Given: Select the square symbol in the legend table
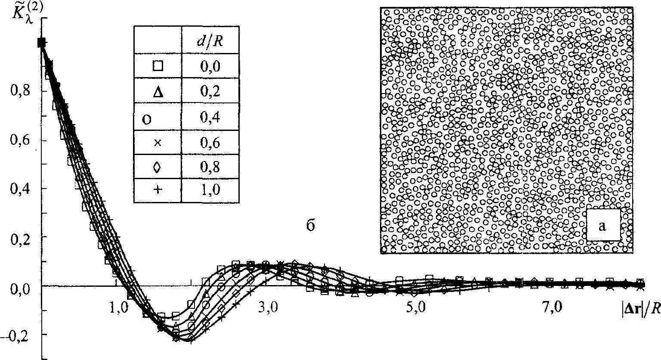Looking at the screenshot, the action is tap(158, 66).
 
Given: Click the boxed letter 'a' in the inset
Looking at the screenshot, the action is tap(602, 225).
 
